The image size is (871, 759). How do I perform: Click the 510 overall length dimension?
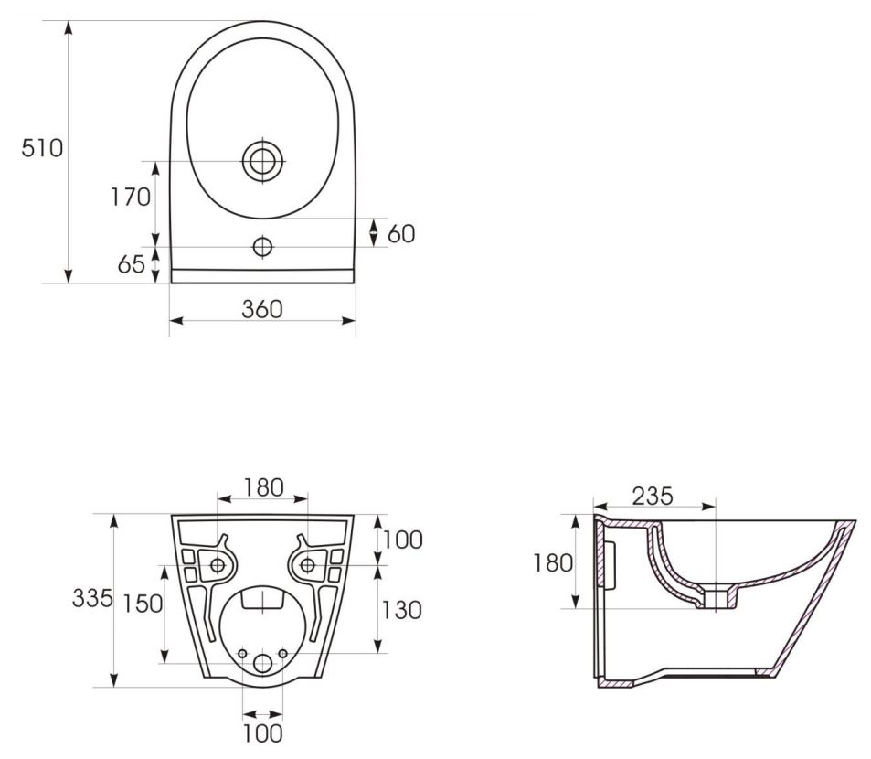42,148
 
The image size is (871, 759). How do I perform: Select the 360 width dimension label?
262,309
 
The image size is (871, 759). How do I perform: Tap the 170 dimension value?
131,197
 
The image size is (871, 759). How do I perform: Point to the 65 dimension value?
131,264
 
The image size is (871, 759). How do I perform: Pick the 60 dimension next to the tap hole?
401,234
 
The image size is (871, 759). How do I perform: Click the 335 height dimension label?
92,598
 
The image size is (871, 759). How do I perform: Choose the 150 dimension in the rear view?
143,604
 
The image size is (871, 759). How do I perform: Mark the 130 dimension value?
401,610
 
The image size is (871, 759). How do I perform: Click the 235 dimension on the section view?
653,497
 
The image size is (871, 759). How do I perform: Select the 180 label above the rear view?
263,487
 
